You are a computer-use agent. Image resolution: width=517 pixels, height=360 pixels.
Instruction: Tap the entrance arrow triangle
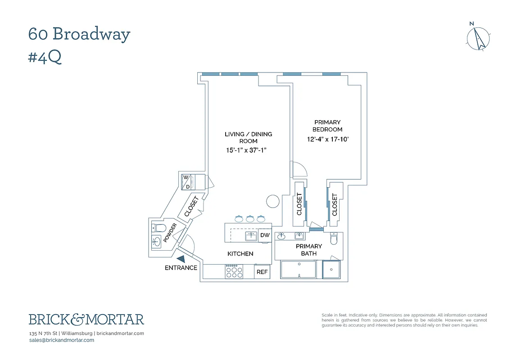coord(181,259)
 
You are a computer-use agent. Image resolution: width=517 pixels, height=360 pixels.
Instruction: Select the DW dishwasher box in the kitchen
coord(265,235)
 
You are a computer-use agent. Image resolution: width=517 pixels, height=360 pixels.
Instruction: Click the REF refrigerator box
coord(262,272)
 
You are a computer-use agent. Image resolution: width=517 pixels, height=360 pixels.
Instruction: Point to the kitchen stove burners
coord(234,272)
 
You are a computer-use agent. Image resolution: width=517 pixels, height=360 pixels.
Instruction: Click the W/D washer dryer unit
coord(187,182)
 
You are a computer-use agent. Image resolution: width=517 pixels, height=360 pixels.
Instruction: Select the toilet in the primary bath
coord(334,239)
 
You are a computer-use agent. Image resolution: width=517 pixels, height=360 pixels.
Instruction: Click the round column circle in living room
coord(273,201)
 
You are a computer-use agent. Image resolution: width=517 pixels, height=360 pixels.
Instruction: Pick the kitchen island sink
coord(251,236)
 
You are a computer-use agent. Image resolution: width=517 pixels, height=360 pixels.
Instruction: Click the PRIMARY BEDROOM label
coord(327,126)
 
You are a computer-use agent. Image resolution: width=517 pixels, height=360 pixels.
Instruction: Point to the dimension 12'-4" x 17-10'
coord(327,139)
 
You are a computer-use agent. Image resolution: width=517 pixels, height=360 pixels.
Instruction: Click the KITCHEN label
coord(240,254)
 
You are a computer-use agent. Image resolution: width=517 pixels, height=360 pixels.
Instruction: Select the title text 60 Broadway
coord(79,35)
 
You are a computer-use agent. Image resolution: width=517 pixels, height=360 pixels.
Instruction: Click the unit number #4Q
coord(45,58)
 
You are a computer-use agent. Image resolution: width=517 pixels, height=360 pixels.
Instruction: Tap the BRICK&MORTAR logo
coord(86,319)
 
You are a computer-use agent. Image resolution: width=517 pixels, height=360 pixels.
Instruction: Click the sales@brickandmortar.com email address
coord(61,340)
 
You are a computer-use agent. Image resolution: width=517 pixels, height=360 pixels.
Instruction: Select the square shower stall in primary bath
coord(332,269)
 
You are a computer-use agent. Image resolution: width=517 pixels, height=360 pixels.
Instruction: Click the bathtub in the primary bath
coord(299,269)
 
